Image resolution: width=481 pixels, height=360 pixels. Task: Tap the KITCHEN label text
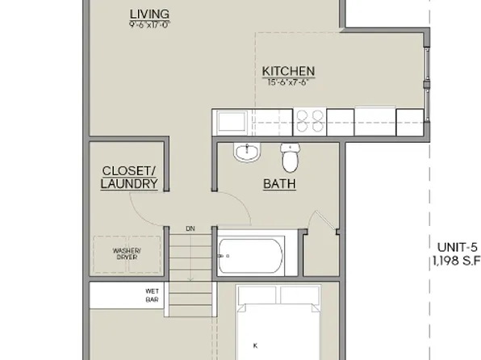click(288, 71)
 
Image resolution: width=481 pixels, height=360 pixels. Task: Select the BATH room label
click(279, 184)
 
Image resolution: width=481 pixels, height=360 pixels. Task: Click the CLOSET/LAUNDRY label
click(129, 178)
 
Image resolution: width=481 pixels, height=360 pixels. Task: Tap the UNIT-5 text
click(458, 247)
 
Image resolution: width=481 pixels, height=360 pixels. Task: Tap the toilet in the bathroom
click(289, 153)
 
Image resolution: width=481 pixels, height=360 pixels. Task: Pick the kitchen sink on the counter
click(232, 122)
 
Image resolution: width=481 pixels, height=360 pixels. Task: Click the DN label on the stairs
click(190, 228)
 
